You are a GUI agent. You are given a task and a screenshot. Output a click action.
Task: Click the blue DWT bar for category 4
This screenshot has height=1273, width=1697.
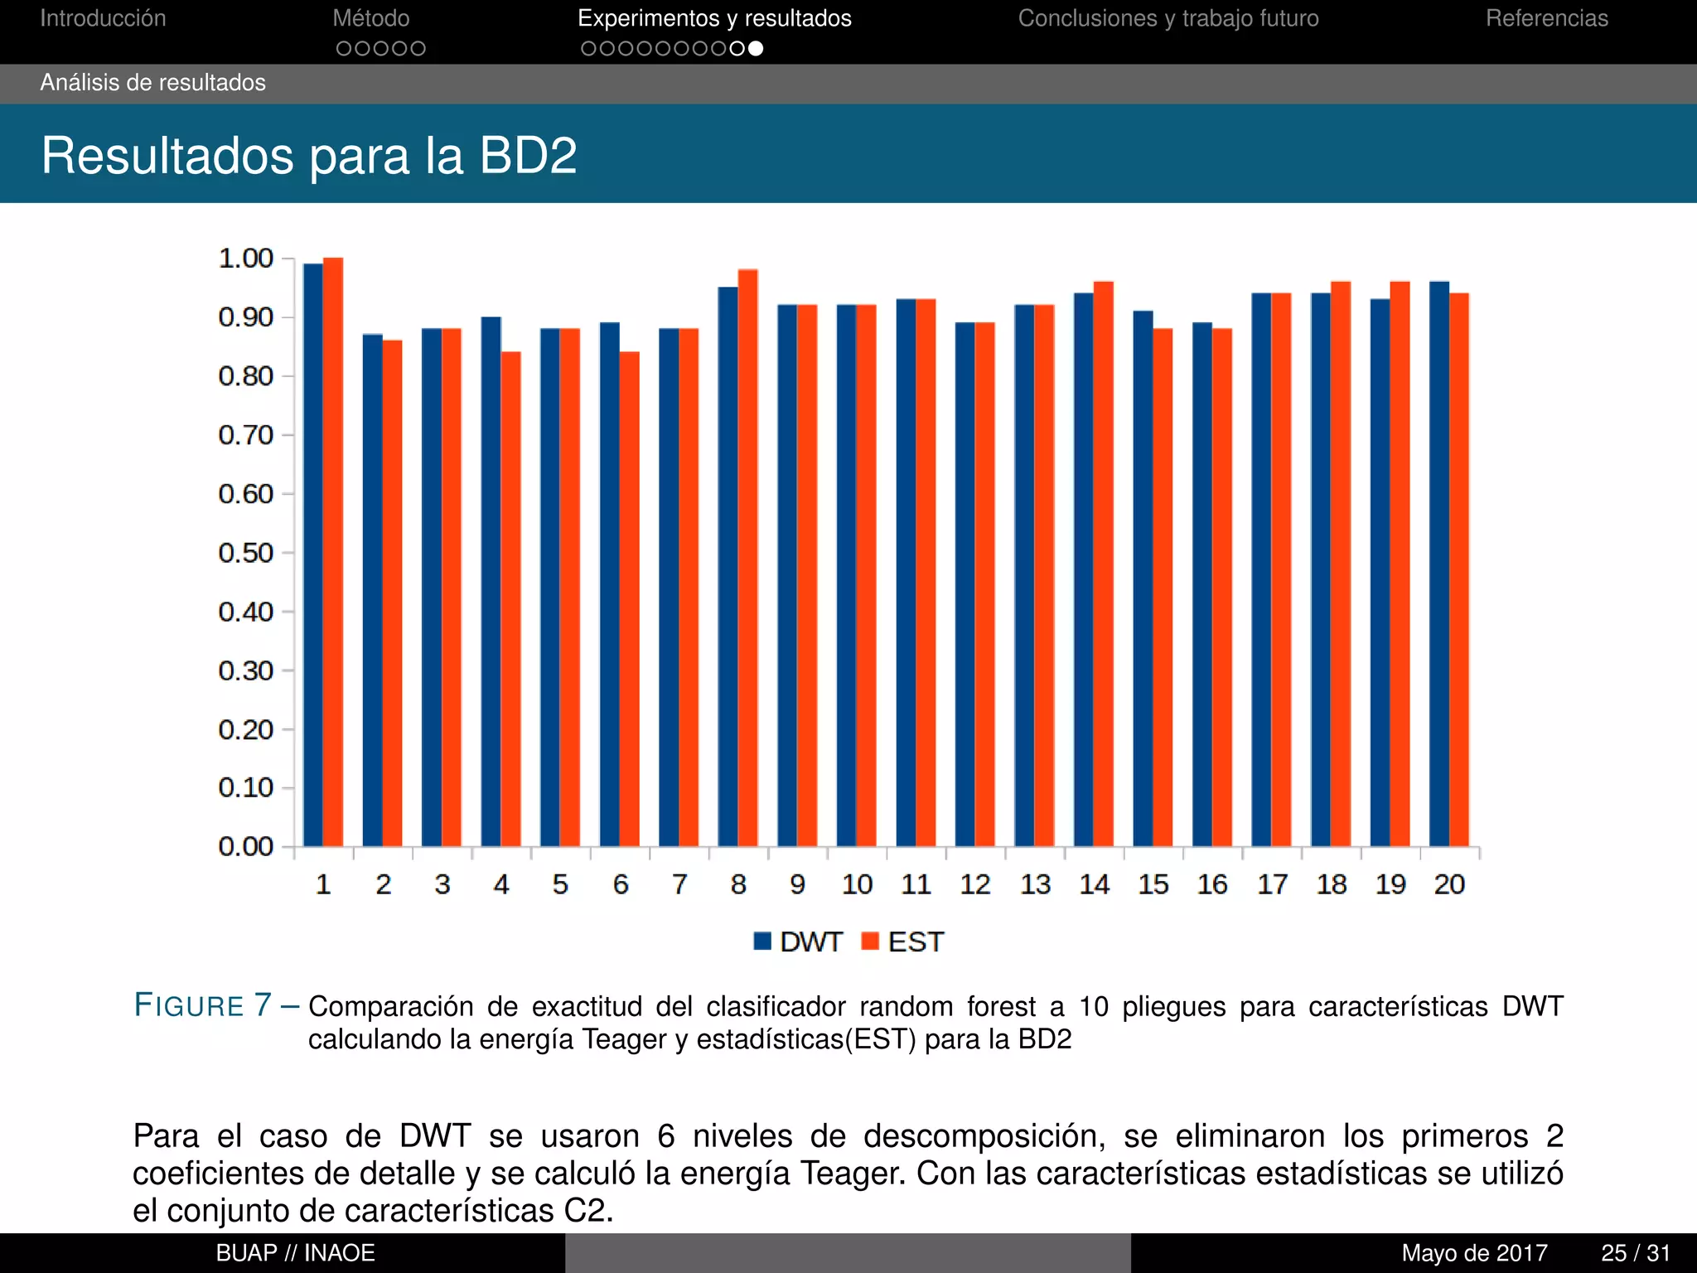pos(491,580)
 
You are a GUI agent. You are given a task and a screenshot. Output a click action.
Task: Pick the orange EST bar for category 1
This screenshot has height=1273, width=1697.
pos(333,551)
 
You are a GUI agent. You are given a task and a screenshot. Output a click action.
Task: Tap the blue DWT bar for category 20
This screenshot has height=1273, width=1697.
pos(1439,564)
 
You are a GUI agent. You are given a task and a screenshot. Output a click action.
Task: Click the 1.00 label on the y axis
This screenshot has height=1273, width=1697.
pos(245,259)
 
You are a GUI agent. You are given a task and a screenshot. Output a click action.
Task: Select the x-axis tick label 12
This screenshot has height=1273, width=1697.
pos(975,884)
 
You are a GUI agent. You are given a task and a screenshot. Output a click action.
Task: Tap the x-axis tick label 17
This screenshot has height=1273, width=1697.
pos(1272,884)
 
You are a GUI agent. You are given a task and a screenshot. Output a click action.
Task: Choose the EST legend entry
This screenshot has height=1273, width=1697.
pos(902,942)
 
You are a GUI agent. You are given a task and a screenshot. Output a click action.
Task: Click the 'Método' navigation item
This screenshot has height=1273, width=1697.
pos(371,18)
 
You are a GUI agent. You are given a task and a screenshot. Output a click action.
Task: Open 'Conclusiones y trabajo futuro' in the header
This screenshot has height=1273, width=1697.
pos(1168,18)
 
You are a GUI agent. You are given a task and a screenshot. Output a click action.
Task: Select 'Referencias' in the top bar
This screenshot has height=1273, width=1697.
pos(1546,18)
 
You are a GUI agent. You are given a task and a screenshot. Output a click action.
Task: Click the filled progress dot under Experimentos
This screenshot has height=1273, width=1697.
pos(756,49)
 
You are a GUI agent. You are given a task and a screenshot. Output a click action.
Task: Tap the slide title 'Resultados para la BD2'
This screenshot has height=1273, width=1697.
pos(309,155)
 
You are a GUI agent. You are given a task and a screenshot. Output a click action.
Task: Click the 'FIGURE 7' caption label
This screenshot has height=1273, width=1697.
pos(204,1005)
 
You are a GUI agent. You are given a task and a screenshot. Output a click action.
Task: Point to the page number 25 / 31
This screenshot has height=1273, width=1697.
pos(1635,1253)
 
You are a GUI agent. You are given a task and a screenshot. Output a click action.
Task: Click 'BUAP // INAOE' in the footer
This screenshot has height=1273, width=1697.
pos(296,1253)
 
